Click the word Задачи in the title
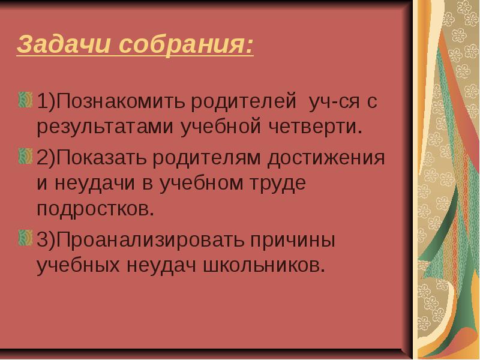64,44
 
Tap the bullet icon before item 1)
25,100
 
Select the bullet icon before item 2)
25,157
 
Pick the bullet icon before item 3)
25,238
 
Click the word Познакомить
121,101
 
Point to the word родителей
244,101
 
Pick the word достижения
326,158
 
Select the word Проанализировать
151,240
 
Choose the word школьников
264,265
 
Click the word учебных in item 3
78,266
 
